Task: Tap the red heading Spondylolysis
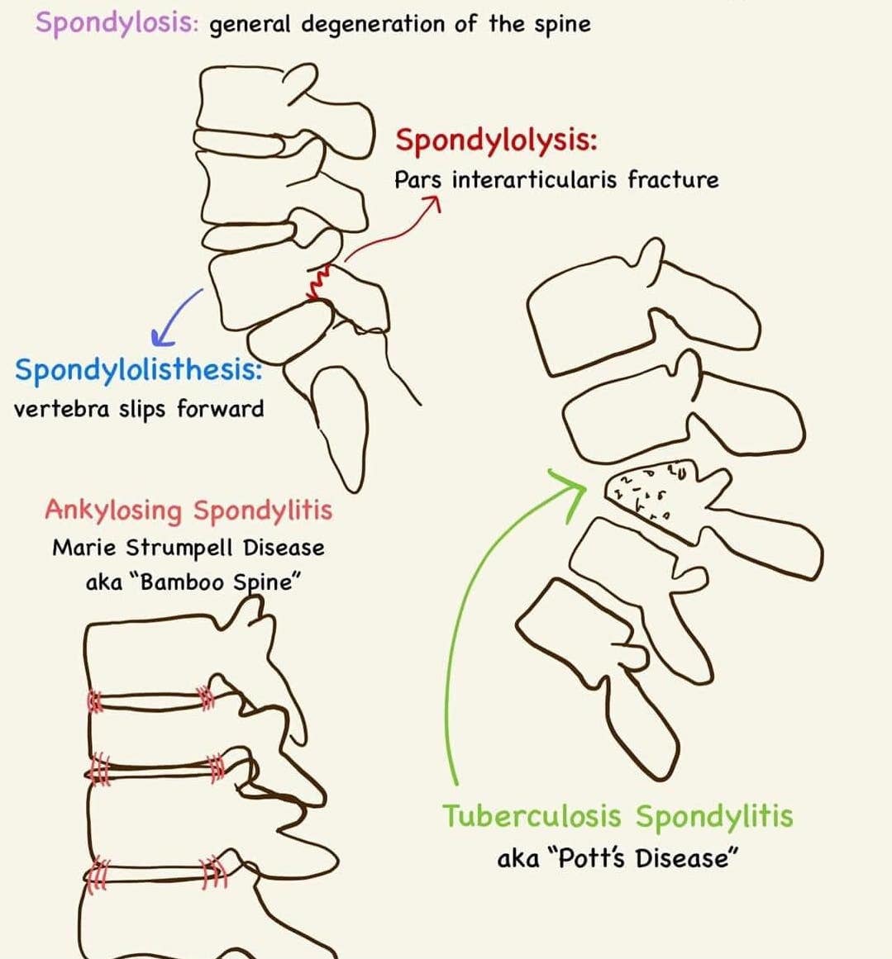point(496,140)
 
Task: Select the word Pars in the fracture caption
point(417,179)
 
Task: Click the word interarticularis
point(534,179)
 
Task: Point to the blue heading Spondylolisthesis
point(138,369)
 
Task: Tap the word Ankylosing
point(113,510)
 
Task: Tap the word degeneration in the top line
point(372,24)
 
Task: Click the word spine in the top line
point(562,24)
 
